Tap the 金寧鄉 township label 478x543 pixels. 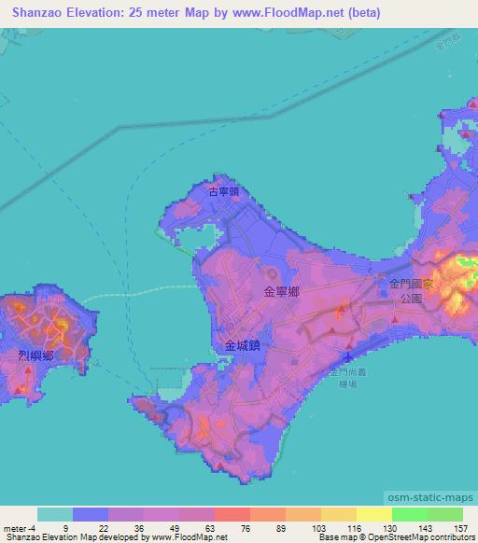[282, 292]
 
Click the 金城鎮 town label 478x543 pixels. [242, 344]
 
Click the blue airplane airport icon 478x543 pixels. [348, 357]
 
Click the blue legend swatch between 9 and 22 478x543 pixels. [91, 514]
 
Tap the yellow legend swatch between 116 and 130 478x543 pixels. [339, 514]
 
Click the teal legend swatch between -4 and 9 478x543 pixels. [55, 514]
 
